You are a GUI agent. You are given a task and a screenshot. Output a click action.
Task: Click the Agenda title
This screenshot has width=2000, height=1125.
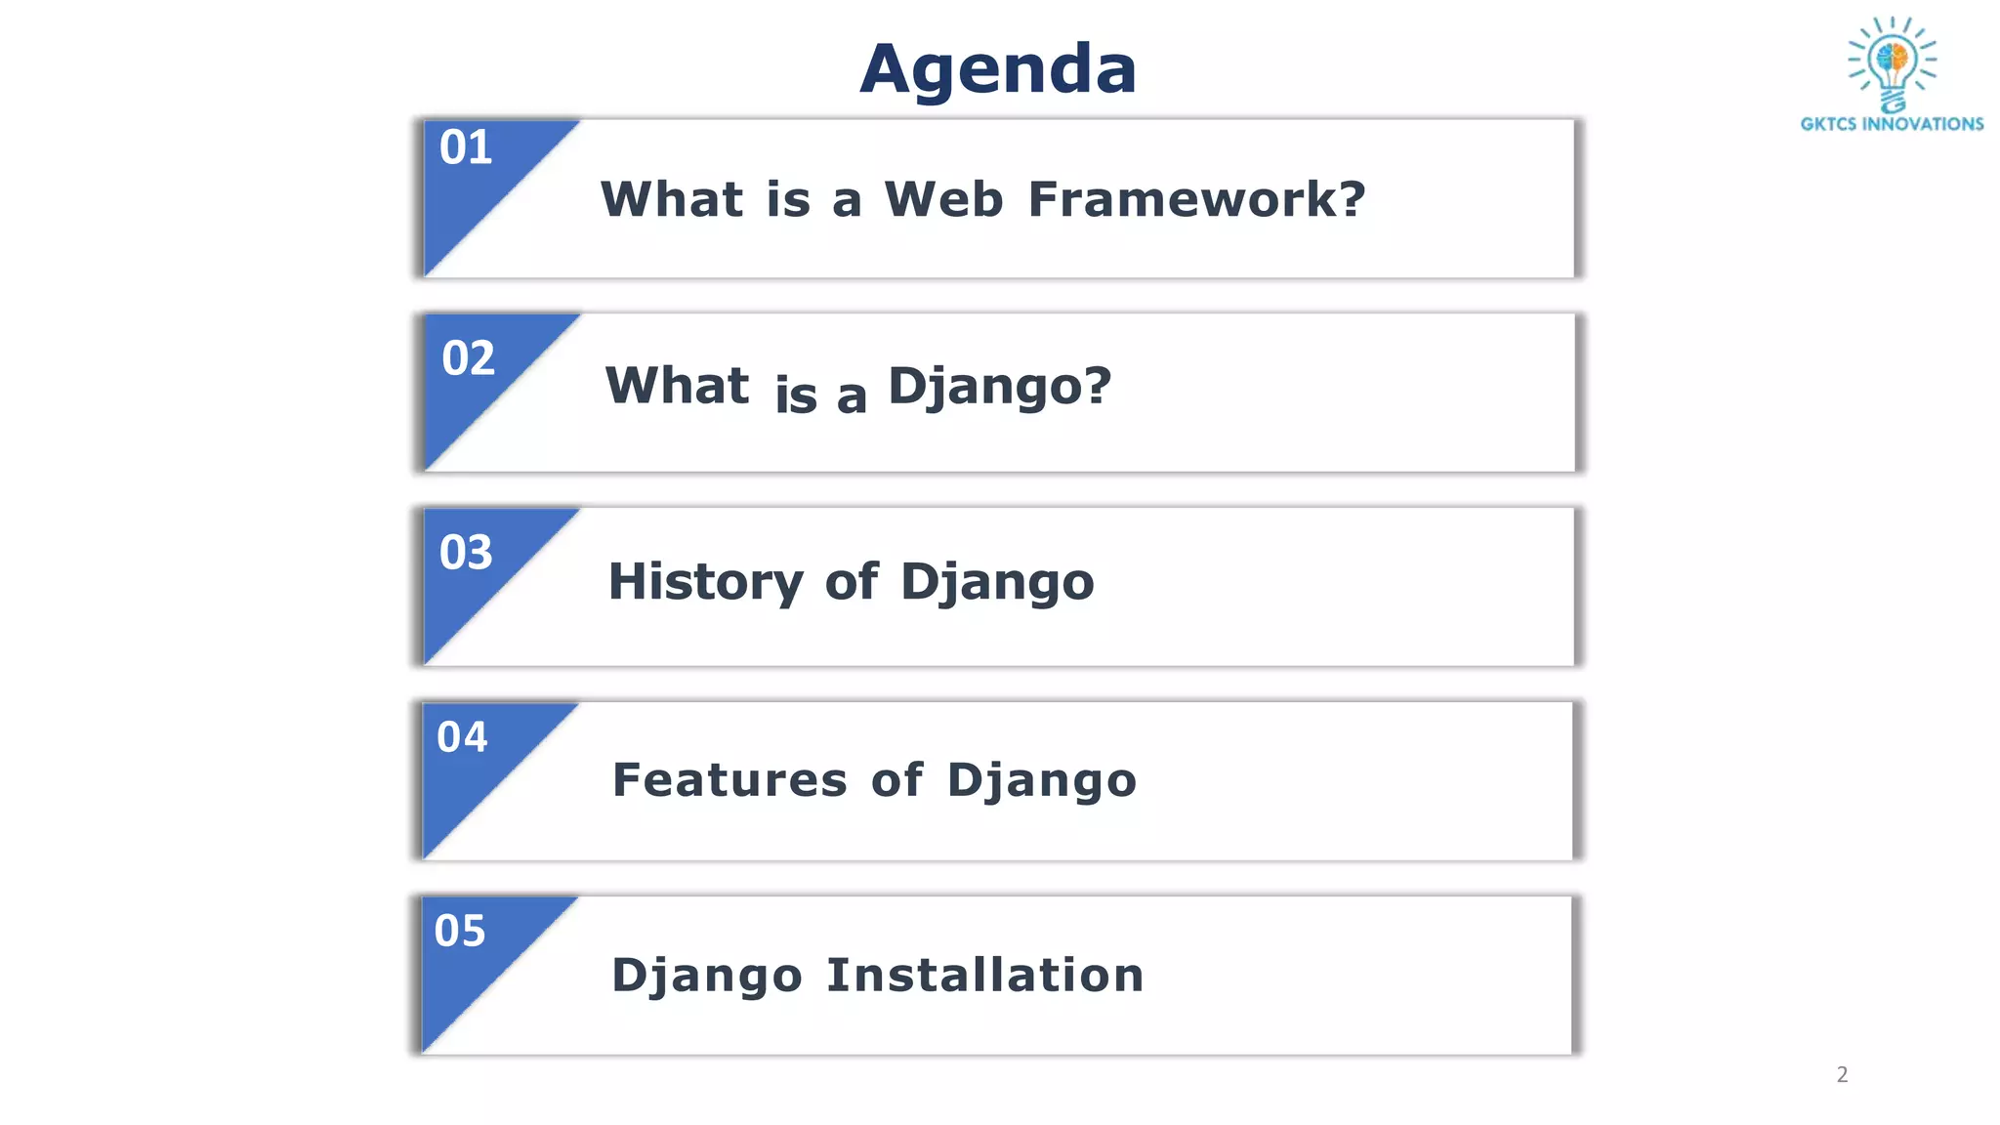click(x=998, y=69)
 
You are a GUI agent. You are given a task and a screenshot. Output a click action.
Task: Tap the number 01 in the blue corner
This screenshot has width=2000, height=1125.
click(x=466, y=148)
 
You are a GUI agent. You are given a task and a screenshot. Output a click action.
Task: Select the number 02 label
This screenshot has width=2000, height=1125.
click(x=469, y=358)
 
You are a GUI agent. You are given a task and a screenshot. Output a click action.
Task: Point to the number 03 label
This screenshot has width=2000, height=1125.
click(x=466, y=553)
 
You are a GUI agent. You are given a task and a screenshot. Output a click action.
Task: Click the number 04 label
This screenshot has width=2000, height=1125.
click(x=462, y=737)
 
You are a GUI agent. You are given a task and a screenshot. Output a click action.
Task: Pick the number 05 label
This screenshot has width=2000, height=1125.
click(x=460, y=932)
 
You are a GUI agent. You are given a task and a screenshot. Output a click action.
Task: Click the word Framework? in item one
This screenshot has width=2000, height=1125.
click(x=1196, y=199)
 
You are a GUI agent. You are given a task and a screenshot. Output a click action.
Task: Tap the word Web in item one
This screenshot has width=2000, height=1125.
click(x=943, y=199)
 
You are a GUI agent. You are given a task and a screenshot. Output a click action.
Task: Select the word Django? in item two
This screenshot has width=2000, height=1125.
click(x=999, y=387)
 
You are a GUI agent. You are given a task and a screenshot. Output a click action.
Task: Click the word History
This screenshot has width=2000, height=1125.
click(x=705, y=582)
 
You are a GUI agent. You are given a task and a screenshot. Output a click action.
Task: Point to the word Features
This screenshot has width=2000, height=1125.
click(x=729, y=780)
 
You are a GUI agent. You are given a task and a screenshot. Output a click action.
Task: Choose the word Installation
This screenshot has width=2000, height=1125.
click(x=984, y=975)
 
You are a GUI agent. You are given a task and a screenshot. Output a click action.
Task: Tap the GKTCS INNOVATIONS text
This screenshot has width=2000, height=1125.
click(x=1892, y=124)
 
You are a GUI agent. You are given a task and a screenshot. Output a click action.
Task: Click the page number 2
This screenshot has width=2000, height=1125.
click(x=1842, y=1075)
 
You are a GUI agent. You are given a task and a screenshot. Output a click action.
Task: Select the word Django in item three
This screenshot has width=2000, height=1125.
click(x=997, y=583)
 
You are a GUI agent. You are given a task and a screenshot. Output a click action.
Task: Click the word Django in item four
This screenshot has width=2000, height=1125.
click(x=1042, y=781)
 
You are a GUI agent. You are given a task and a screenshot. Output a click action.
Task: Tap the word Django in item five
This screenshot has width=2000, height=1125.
click(x=707, y=977)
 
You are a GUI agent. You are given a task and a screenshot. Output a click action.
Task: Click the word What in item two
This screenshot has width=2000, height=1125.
click(x=677, y=386)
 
